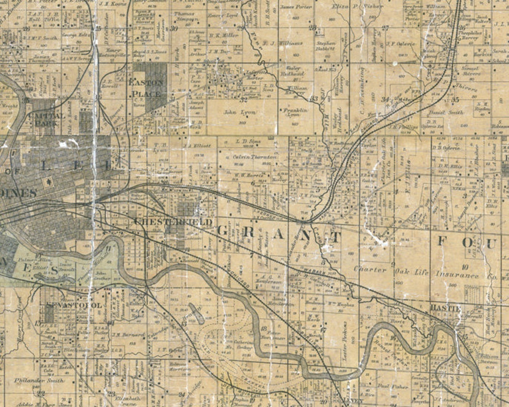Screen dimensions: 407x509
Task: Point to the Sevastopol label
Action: (x=74, y=305)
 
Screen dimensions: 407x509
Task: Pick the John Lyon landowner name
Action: (x=240, y=112)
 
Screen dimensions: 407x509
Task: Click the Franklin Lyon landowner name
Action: (x=295, y=112)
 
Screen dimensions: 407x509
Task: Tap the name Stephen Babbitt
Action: (x=326, y=46)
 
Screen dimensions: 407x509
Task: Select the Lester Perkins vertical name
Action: (x=344, y=335)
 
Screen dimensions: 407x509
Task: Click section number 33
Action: (x=315, y=98)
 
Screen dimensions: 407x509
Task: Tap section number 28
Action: (x=313, y=28)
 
